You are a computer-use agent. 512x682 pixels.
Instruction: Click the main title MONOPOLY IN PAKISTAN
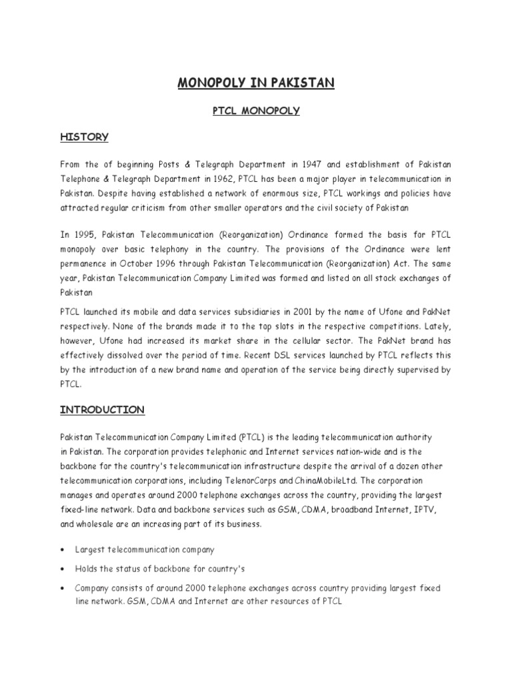256,83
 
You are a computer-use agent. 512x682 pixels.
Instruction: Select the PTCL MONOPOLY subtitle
256,111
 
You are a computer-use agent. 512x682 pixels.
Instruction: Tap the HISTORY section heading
85,137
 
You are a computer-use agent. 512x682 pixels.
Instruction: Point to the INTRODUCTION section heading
103,410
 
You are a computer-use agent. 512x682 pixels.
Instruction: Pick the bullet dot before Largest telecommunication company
62,550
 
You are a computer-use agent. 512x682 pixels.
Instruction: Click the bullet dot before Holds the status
62,569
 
